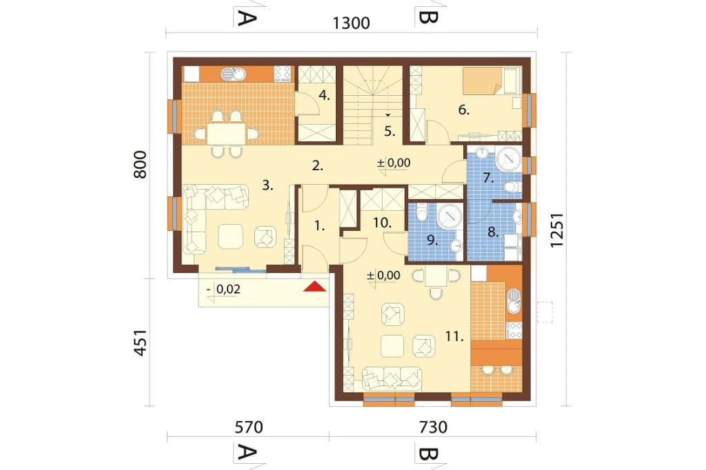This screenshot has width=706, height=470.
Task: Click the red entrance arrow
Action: [314, 286]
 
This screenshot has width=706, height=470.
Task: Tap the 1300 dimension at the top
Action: [351, 23]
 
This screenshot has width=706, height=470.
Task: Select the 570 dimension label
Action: [248, 427]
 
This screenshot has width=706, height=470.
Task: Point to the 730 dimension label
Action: [433, 427]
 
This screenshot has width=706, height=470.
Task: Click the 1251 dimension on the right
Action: [557, 230]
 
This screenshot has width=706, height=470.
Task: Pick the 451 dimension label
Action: [141, 343]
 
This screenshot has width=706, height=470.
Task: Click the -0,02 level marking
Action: [224, 289]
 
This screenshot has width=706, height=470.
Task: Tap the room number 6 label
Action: [464, 110]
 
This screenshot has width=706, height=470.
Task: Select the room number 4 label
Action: [325, 95]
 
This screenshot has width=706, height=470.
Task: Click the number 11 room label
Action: [454, 336]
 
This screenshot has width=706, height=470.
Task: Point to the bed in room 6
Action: [492, 81]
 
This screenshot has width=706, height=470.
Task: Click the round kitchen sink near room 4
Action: [232, 74]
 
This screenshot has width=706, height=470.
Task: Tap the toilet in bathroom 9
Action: [422, 212]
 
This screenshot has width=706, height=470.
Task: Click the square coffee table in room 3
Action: [230, 236]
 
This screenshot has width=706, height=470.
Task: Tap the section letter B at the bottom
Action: [427, 453]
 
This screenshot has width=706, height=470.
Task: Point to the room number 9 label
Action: [432, 241]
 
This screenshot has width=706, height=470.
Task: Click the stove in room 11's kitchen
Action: [514, 330]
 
